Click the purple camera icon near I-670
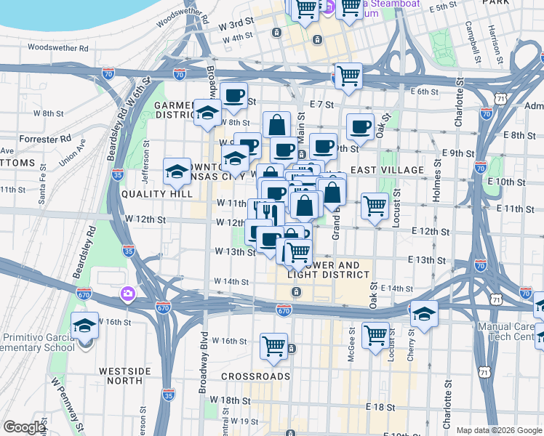tap(128, 293)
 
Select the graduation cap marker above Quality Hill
tap(177, 171)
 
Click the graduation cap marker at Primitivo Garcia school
tap(85, 326)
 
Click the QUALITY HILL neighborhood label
tap(157, 194)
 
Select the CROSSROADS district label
tap(255, 376)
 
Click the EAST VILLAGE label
tap(387, 170)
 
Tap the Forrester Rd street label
tap(45, 137)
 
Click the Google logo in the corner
tap(24, 427)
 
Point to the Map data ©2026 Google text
tap(498, 430)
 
